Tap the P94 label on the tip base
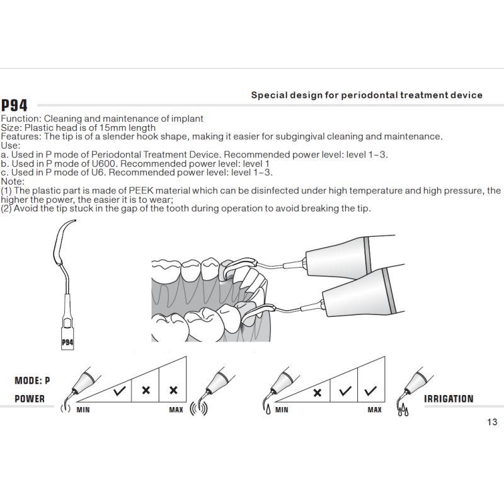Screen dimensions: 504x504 pos(67,343)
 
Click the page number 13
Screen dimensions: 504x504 pos(492,422)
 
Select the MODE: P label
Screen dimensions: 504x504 pos(32,381)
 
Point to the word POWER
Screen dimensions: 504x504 pos(30,399)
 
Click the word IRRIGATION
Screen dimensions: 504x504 pos(449,399)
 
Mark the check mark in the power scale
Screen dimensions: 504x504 pos(119,391)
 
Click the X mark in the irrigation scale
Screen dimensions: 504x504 pos(318,392)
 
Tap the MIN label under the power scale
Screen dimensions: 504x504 pos(83,410)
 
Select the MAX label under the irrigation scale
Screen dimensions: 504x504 pos(374,410)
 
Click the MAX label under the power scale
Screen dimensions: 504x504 pos(176,410)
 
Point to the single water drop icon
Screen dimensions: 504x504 pos(268,409)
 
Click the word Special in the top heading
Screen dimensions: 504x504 pos(269,95)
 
